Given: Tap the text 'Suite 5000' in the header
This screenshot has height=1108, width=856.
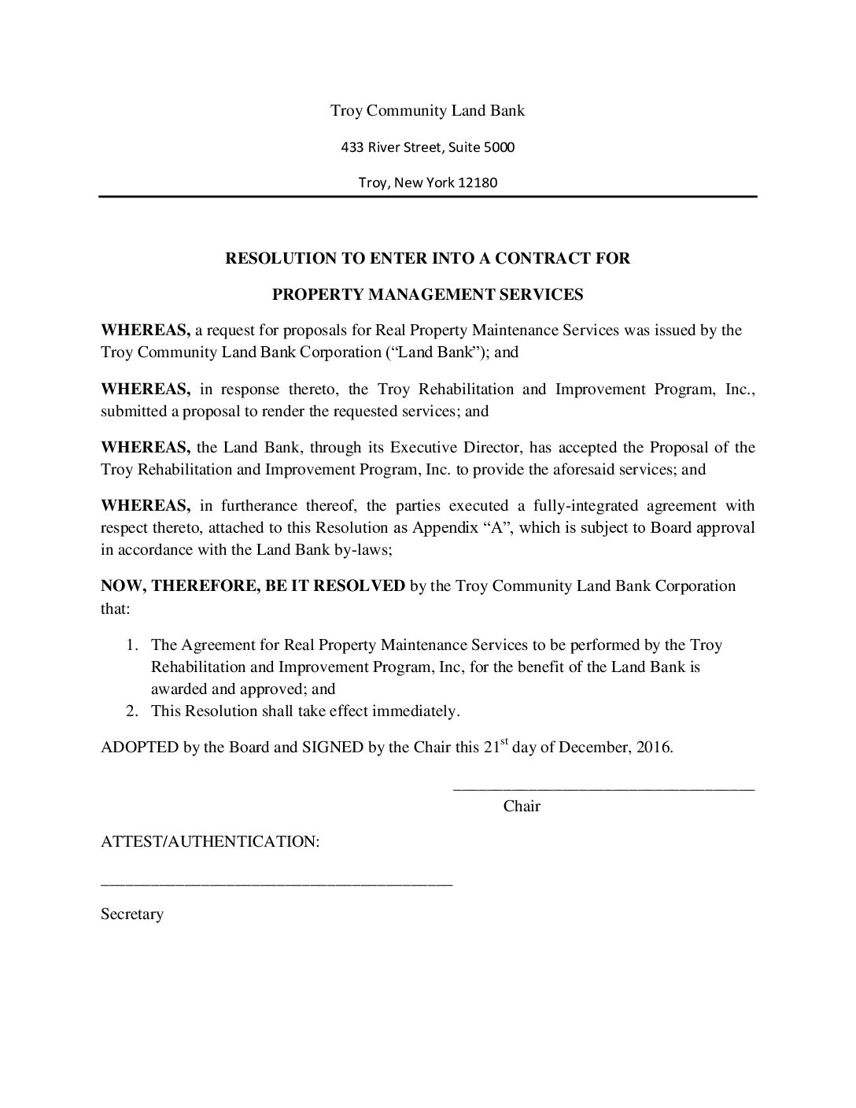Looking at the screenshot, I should pyautogui.click(x=482, y=147).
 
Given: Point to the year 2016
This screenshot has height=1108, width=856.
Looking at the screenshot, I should pyautogui.click(x=653, y=748).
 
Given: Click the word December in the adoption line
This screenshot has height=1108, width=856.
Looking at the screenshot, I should pyautogui.click(x=592, y=748).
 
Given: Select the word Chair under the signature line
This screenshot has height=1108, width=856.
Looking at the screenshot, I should pyautogui.click(x=522, y=806).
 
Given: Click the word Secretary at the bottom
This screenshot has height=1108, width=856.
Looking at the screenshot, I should pyautogui.click(x=132, y=914).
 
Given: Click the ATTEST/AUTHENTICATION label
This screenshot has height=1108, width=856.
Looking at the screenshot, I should pyautogui.click(x=210, y=842).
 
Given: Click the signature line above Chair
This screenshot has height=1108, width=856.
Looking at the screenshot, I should pyautogui.click(x=603, y=788).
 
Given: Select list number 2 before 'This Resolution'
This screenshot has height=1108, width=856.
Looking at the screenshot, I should pyautogui.click(x=133, y=711).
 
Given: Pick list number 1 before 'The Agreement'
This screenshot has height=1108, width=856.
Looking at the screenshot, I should pyautogui.click(x=133, y=645).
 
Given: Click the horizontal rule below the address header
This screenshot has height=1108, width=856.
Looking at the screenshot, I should pyautogui.click(x=427, y=197).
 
